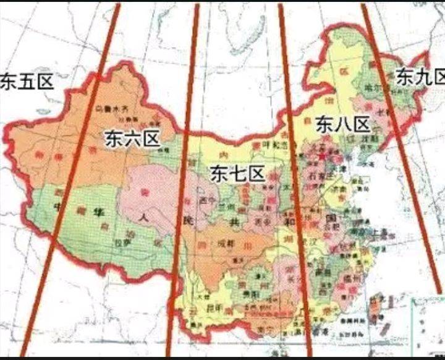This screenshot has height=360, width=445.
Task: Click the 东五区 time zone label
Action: point(27,82)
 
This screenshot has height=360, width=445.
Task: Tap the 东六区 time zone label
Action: point(132,139)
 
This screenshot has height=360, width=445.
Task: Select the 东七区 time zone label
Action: point(237,174)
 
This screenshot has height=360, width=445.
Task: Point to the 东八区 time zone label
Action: point(342,124)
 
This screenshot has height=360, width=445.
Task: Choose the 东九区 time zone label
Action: point(420,77)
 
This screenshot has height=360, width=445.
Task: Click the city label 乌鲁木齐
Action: point(111,109)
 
